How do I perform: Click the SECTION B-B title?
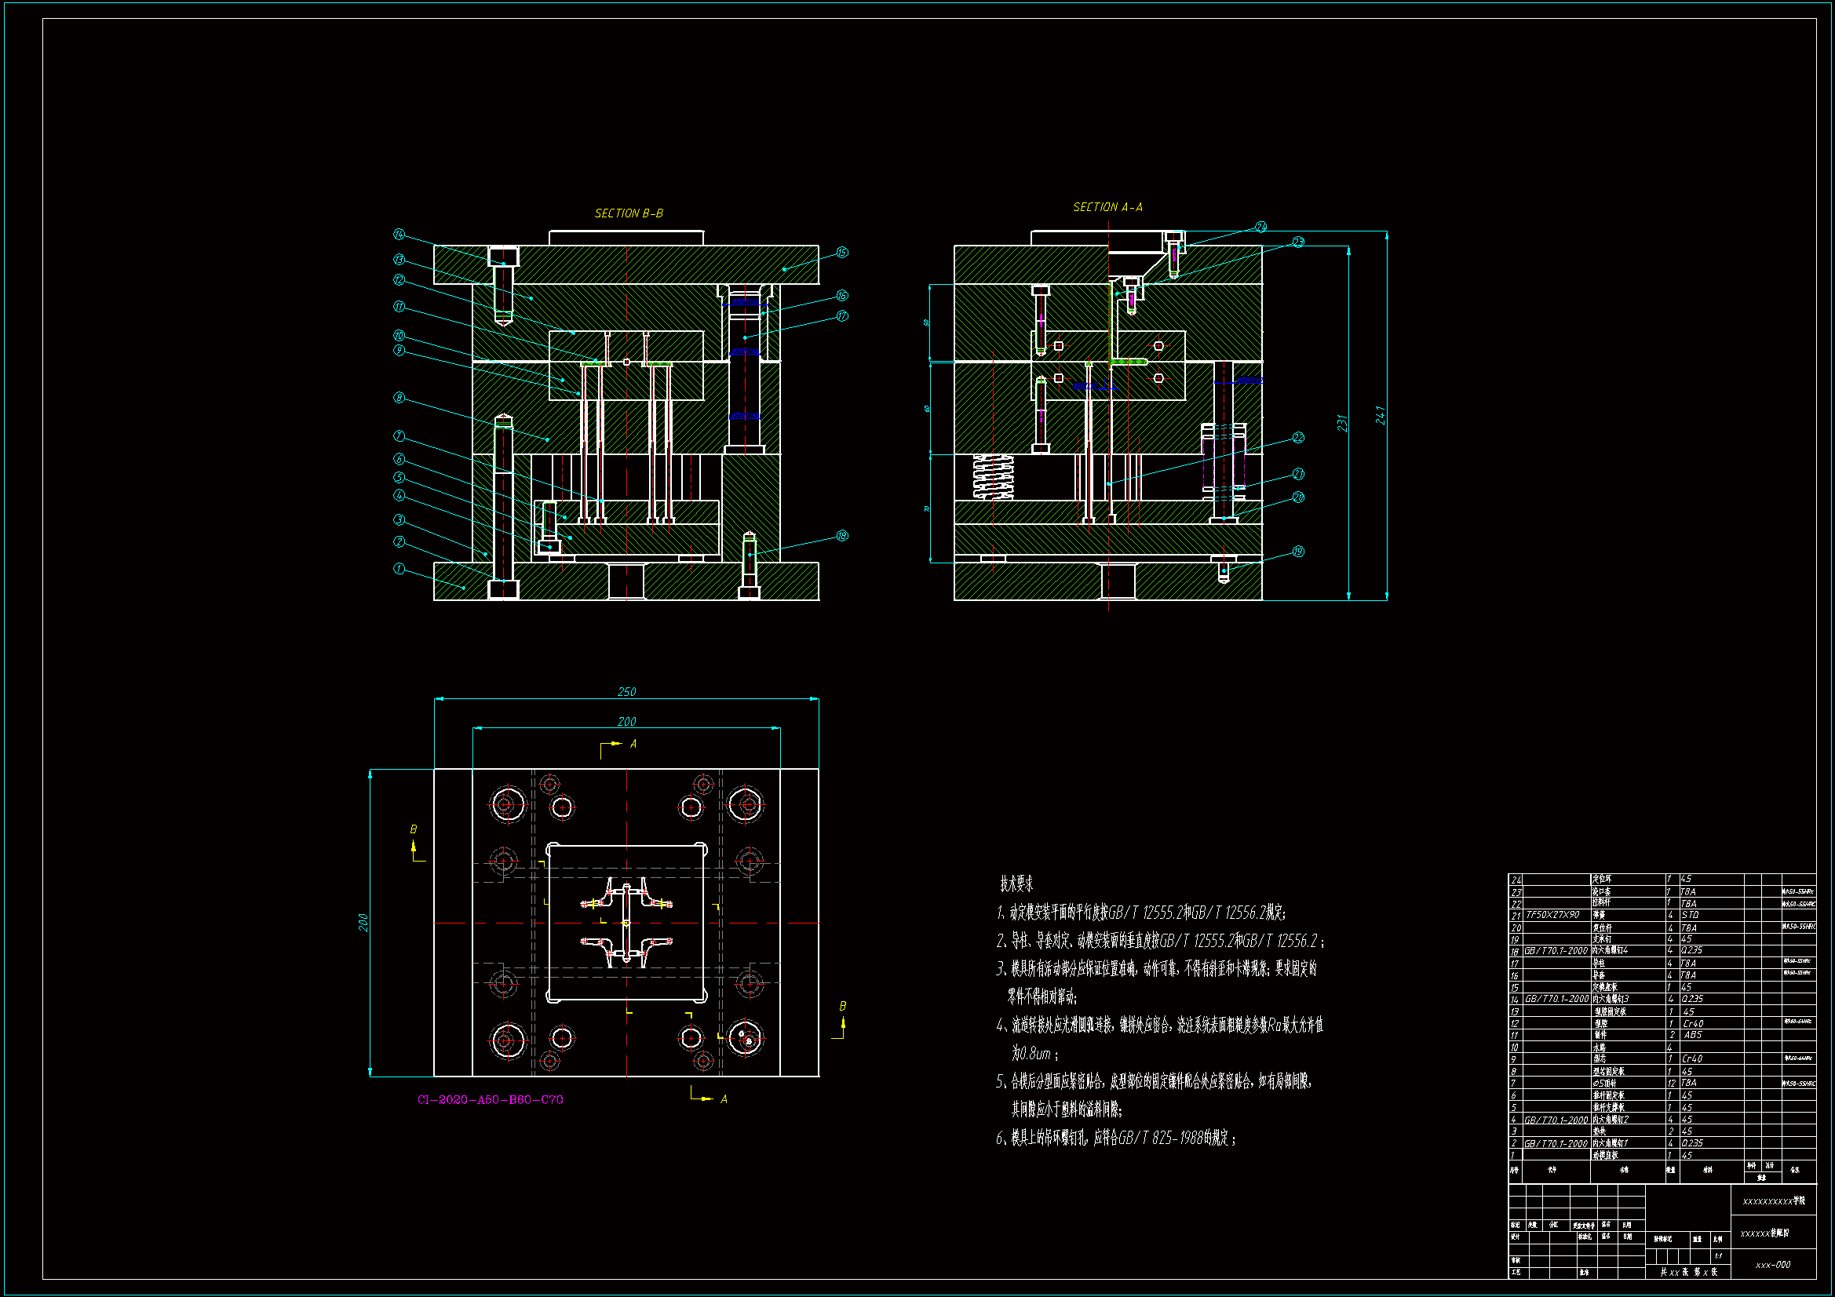(628, 213)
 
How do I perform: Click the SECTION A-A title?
(1107, 207)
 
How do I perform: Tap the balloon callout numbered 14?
(399, 234)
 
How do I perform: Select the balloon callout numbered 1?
(399, 569)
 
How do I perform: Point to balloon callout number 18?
(841, 535)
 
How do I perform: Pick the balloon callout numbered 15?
(841, 253)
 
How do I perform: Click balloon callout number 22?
(1298, 437)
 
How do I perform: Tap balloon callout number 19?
(1298, 552)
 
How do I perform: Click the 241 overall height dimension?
(1380, 415)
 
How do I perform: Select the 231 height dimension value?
(1342, 424)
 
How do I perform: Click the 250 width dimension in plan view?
(626, 692)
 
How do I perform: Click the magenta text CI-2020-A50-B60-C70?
(490, 1099)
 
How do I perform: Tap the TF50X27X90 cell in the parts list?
(1552, 915)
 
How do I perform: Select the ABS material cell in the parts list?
(1693, 1035)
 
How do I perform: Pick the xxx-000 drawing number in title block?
(1773, 1265)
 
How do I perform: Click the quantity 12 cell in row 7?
(1671, 1083)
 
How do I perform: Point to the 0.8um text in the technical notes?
(1031, 1054)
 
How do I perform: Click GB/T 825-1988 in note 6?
(1160, 1138)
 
